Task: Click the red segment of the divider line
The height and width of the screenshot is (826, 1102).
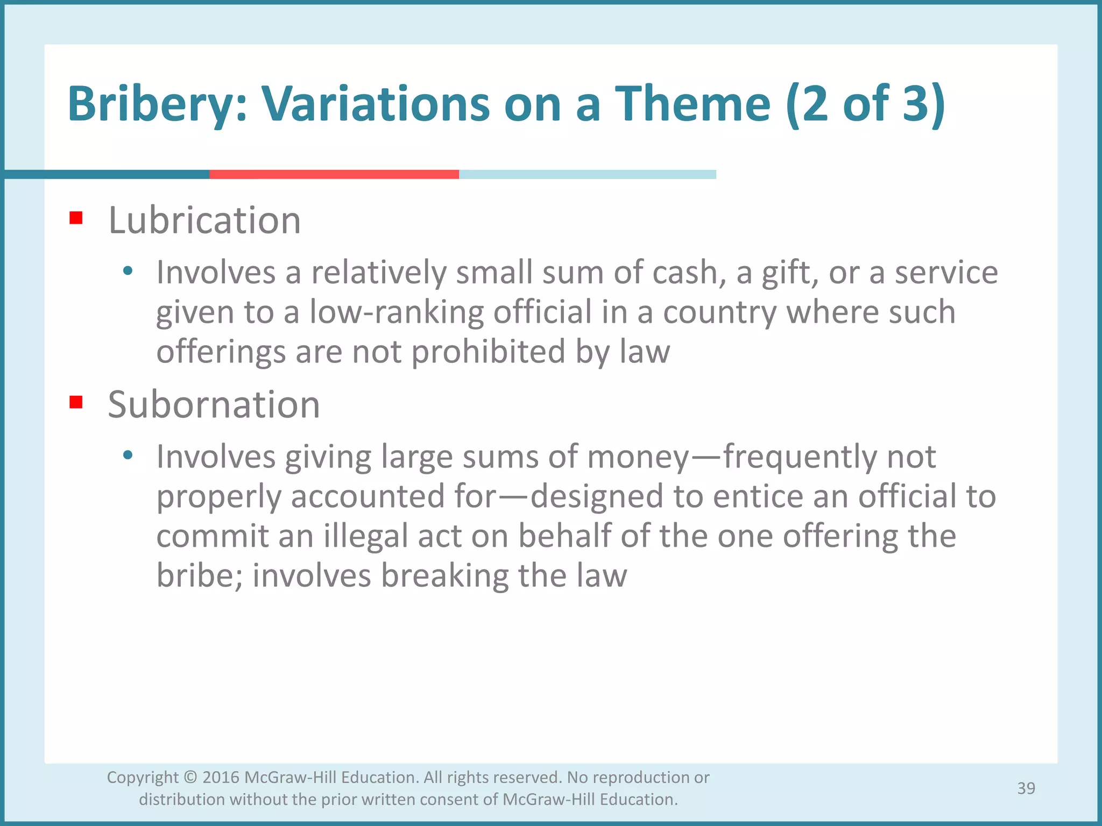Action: (334, 174)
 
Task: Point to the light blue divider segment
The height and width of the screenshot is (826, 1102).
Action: (587, 174)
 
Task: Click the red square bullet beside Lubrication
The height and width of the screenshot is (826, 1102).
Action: (76, 218)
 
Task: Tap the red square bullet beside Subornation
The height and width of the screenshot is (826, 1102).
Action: (76, 402)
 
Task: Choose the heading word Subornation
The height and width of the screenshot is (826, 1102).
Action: (214, 404)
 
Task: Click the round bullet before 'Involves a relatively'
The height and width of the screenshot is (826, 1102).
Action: (128, 271)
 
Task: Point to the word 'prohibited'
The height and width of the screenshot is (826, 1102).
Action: (488, 352)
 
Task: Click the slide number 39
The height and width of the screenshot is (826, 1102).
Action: (1026, 788)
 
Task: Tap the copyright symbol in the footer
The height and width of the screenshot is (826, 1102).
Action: (190, 778)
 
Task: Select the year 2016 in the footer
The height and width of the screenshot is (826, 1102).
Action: (221, 778)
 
